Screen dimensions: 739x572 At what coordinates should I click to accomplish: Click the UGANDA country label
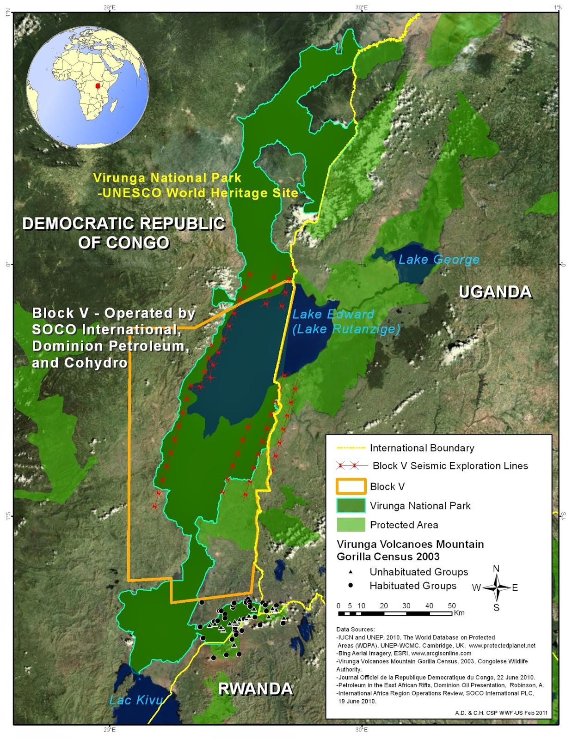pyautogui.click(x=495, y=292)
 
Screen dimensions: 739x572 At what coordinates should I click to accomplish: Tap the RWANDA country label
pyautogui.click(x=255, y=689)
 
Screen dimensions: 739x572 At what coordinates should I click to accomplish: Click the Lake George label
pyautogui.click(x=439, y=260)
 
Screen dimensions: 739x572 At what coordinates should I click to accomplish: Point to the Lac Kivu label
pyautogui.click(x=136, y=700)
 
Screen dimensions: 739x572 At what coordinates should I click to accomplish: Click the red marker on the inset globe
pyautogui.click(x=98, y=86)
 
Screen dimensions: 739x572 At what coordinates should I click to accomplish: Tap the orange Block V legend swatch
pyautogui.click(x=351, y=486)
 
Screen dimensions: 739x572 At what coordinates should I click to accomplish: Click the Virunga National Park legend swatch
pyautogui.click(x=351, y=505)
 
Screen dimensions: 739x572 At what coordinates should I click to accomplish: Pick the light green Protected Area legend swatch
pyautogui.click(x=351, y=525)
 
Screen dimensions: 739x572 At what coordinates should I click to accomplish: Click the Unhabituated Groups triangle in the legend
pyautogui.click(x=351, y=572)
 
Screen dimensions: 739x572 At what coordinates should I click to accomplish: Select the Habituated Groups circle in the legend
pyautogui.click(x=351, y=585)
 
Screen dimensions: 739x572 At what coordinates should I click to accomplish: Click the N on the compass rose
pyautogui.click(x=496, y=569)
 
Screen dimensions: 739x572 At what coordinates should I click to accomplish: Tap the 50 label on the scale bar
pyautogui.click(x=451, y=606)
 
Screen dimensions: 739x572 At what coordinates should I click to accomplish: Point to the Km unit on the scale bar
pyautogui.click(x=459, y=613)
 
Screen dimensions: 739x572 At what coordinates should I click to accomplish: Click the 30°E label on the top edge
pyautogui.click(x=362, y=7)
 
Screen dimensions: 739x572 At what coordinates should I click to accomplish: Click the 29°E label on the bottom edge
pyautogui.click(x=110, y=729)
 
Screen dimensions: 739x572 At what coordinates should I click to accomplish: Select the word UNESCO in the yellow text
pyautogui.click(x=132, y=193)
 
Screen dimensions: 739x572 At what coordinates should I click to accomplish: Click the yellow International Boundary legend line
pyautogui.click(x=351, y=448)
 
